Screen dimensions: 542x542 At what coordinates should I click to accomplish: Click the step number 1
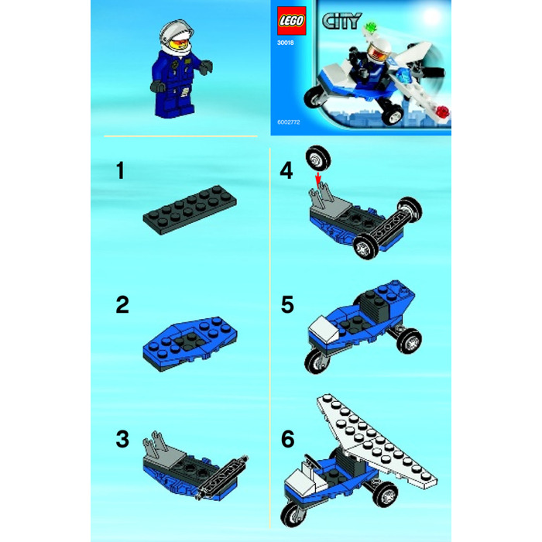pos(119,171)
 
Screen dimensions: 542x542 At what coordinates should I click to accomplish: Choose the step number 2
pos(122,304)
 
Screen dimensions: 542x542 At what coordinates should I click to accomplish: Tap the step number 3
pos(122,440)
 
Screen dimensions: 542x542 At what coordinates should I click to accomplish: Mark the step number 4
pos(287,171)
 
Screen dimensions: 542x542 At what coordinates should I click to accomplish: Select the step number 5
pos(287,304)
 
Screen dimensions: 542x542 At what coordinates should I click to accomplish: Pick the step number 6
pos(288,440)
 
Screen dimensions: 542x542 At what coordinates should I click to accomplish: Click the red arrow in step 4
pos(317,180)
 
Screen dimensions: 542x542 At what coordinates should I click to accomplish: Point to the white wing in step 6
pos(372,434)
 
